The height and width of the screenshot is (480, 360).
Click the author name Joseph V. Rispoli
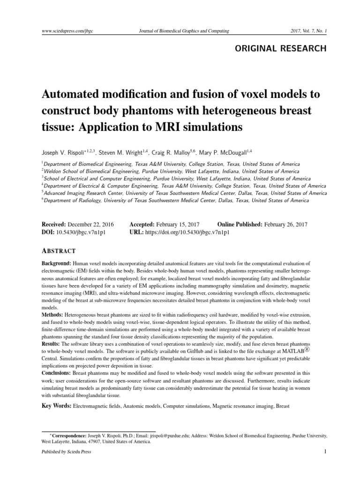pyautogui.click(x=60, y=152)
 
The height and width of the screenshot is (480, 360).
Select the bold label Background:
pyautogui.click(x=56, y=264)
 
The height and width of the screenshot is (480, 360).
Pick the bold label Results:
pyautogui.click(x=51, y=344)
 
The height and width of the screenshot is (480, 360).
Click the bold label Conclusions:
pyautogui.click(x=56, y=373)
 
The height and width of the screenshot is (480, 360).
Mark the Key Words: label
pyautogui.click(x=56, y=405)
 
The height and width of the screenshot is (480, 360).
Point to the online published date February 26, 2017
pyautogui.click(x=286, y=225)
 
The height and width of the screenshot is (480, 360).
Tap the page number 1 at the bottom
pyautogui.click(x=324, y=452)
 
